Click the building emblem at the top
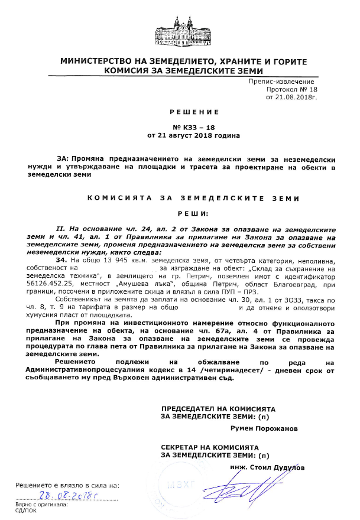click(180, 32)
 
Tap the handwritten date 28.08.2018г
click(68, 496)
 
